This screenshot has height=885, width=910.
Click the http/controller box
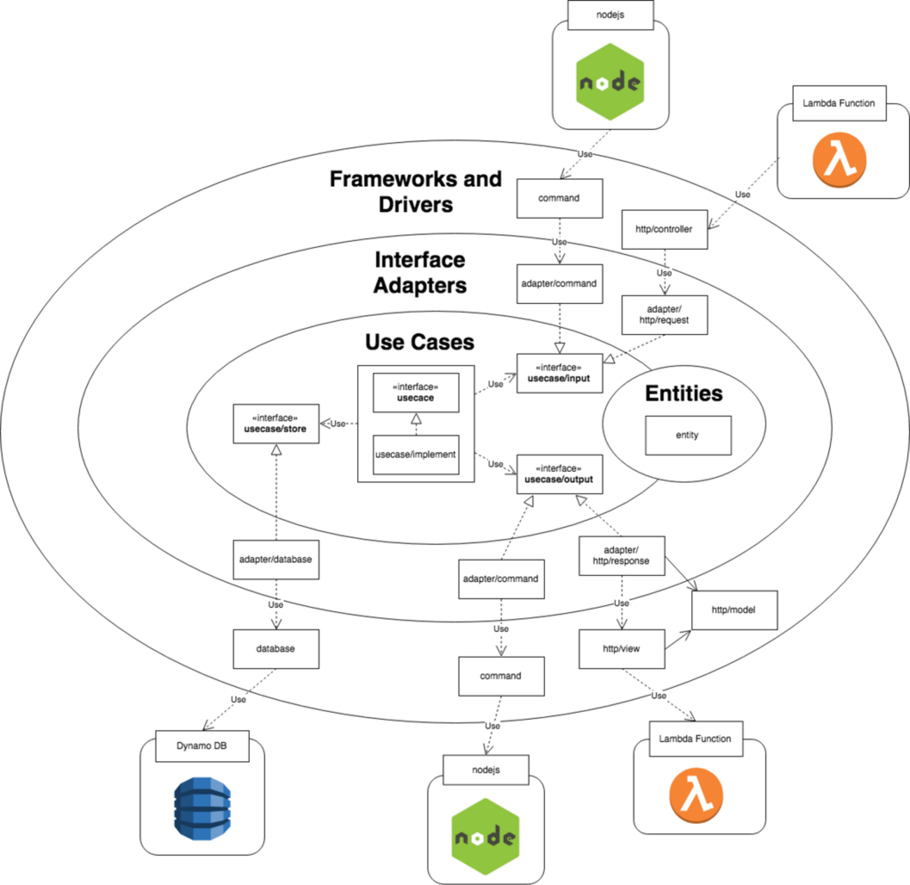point(664,229)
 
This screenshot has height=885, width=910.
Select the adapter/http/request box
point(664,314)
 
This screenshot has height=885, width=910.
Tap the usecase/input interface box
point(559,373)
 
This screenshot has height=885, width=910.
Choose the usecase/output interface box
point(559,474)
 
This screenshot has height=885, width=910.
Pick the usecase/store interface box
point(276,424)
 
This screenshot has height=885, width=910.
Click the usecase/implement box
point(416,454)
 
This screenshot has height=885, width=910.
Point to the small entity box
point(687,435)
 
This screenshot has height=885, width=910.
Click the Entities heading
point(683,393)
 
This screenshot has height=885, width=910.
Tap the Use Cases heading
point(419,342)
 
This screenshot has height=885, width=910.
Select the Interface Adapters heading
point(420,272)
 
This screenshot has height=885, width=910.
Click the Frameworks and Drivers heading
point(416,191)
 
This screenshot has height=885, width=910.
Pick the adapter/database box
point(276,559)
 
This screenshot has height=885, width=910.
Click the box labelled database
point(276,649)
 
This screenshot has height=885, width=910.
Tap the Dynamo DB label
point(202,746)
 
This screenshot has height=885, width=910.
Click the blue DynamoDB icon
point(202,808)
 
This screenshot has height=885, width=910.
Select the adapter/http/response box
point(622,556)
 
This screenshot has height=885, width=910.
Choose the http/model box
point(734,610)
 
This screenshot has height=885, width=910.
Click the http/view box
point(622,649)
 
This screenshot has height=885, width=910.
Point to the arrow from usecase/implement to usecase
point(416,424)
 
